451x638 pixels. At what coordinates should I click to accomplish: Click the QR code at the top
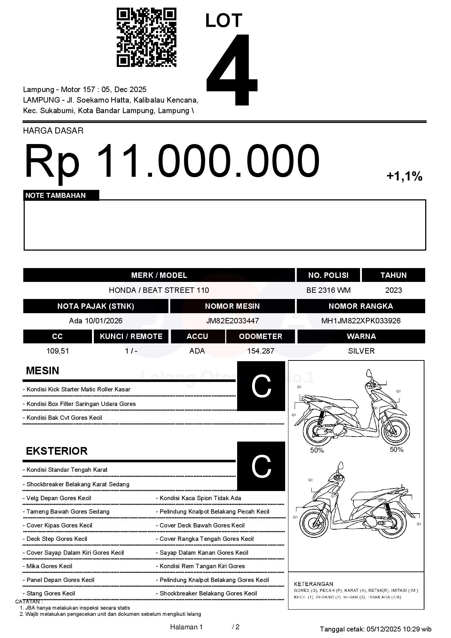tap(146, 37)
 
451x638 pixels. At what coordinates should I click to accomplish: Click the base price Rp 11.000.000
tap(172, 161)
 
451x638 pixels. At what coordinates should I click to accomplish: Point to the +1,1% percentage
tap(404, 176)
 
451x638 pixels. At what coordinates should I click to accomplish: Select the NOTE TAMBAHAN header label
tap(56, 195)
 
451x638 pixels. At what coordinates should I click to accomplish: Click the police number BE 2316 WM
tap(328, 290)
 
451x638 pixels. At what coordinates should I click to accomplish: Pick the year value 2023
tap(393, 290)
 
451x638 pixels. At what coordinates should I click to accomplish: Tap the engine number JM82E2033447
tap(232, 321)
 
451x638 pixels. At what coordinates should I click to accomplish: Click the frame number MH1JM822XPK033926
tap(361, 321)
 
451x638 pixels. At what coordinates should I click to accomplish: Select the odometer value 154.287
tap(260, 351)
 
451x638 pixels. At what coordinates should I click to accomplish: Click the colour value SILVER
tap(361, 351)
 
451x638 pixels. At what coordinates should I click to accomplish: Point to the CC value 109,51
tap(57, 351)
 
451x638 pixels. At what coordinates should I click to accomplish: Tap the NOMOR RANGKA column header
tap(361, 306)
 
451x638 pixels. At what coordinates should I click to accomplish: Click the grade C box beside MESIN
tap(261, 386)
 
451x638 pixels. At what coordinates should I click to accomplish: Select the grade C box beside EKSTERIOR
tap(261, 466)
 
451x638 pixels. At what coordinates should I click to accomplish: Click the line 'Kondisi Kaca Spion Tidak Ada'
tap(200, 498)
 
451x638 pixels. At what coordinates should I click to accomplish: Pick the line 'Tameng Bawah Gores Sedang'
tap(68, 512)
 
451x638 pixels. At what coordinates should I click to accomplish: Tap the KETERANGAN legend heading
tap(314, 584)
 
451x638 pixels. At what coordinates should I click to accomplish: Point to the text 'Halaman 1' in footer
tap(186, 627)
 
